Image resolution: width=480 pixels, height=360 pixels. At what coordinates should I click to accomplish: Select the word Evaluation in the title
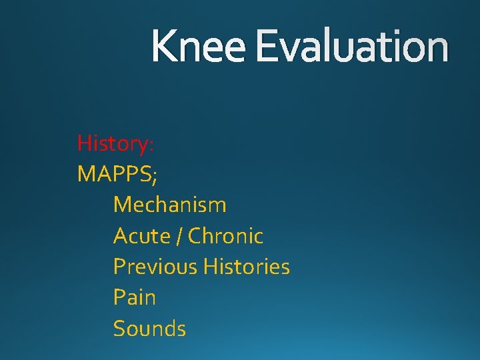[x=351, y=47]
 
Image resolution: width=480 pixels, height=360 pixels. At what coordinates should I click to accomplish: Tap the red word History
[x=113, y=143]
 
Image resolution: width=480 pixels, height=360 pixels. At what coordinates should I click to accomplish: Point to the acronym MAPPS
[x=114, y=174]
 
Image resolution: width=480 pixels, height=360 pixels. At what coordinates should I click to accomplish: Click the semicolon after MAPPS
[x=155, y=177]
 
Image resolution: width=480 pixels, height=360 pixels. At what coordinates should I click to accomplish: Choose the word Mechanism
[x=169, y=205]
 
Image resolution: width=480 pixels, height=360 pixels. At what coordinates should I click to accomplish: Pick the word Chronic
[x=226, y=236]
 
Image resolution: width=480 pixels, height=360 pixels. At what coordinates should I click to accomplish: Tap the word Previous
[x=155, y=267]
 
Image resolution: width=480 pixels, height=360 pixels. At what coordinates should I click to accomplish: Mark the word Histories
[x=247, y=267]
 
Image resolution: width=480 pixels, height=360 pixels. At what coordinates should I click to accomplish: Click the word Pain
[x=134, y=297]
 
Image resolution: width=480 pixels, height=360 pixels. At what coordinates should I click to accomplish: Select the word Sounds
[x=149, y=329]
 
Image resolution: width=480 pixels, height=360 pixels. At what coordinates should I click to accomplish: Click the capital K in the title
[x=163, y=47]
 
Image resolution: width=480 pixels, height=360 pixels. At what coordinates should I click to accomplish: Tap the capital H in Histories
[x=210, y=267]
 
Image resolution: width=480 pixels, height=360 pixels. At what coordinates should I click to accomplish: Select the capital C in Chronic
[x=195, y=236]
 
